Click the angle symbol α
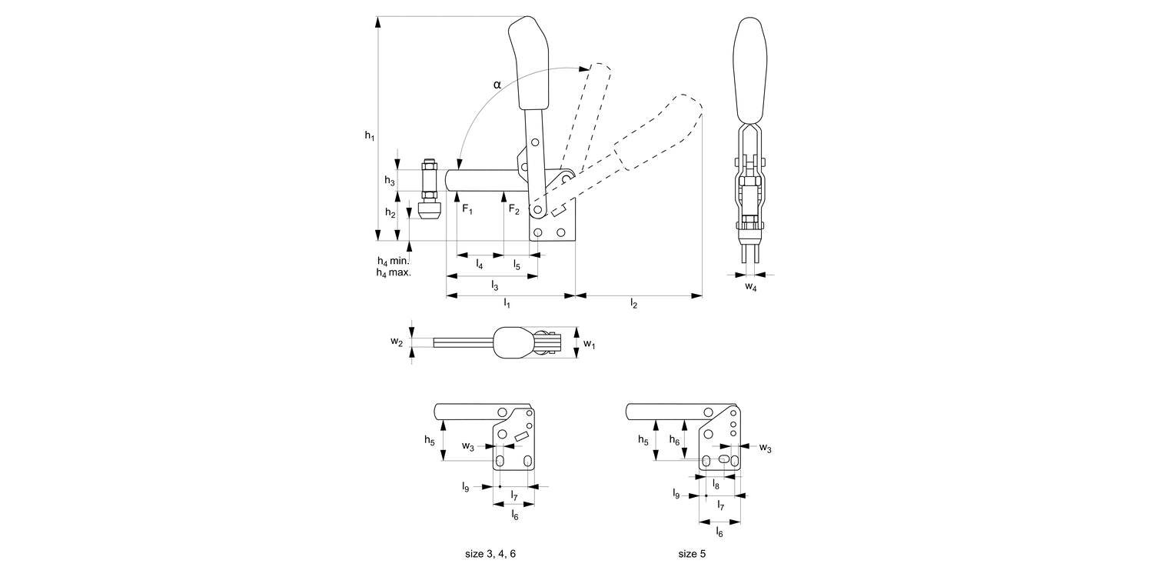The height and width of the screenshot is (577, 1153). coord(497,85)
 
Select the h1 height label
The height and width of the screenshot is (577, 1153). coord(369,135)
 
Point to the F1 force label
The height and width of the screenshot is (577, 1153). coord(467,209)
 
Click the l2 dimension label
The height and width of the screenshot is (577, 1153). coord(633,304)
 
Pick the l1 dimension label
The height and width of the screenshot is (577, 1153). coord(507,304)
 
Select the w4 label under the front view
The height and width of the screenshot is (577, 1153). coord(751,288)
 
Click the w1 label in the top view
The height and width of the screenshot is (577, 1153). coord(589,344)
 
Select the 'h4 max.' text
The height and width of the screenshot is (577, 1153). coord(394,272)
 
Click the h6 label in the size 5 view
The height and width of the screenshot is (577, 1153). coord(674,439)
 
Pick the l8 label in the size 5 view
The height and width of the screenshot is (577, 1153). coord(716,485)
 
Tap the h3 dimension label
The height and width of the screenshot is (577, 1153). coord(390,181)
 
